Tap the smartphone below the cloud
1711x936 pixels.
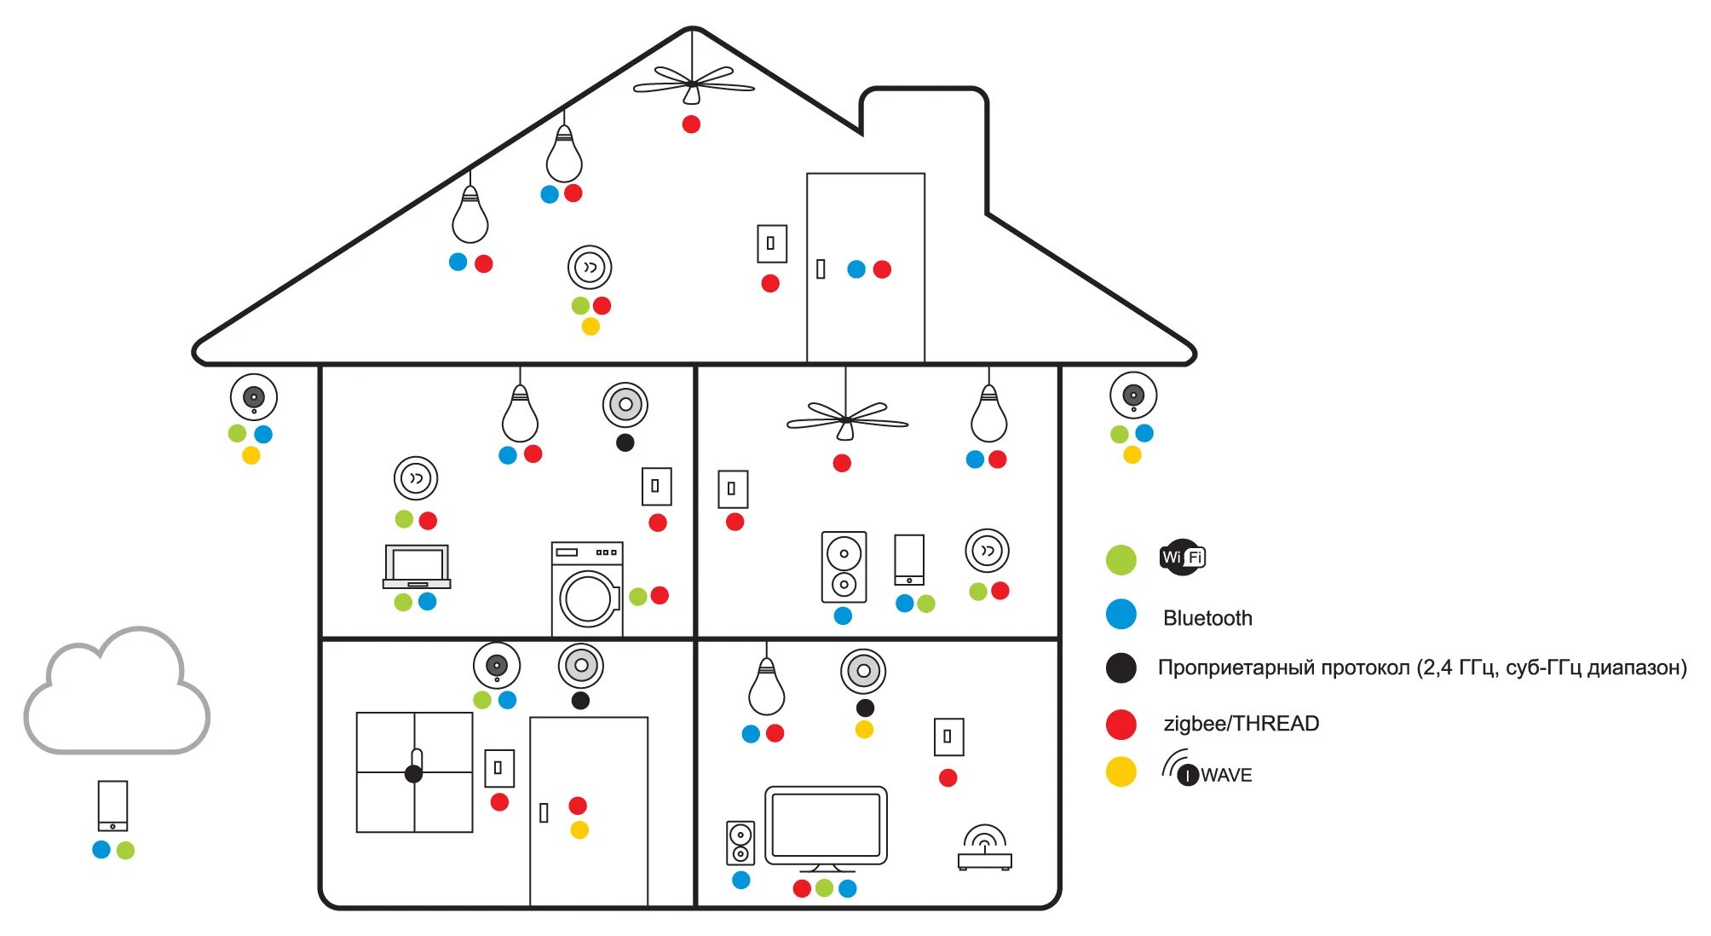click(112, 806)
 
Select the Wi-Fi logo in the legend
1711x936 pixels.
click(1183, 558)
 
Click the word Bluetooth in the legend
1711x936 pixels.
click(1207, 618)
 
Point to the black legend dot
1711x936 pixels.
click(1121, 668)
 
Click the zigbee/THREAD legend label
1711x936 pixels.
click(1241, 724)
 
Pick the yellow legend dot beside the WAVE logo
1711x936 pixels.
click(1121, 772)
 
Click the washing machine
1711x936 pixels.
click(587, 589)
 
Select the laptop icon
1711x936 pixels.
click(417, 567)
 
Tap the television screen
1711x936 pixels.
click(826, 825)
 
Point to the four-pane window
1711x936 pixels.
click(414, 772)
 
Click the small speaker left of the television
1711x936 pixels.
click(740, 843)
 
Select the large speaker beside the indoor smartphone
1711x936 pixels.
click(844, 568)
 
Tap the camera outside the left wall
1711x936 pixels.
click(254, 397)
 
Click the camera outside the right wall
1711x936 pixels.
click(1132, 396)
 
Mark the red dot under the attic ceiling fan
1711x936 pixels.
click(691, 124)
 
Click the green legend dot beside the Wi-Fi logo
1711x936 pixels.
click(1121, 560)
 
